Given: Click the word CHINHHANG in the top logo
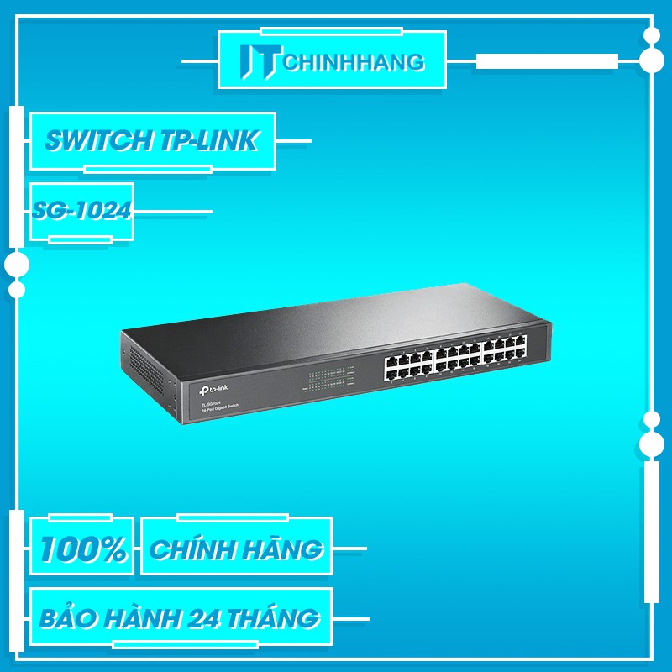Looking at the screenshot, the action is (x=354, y=61).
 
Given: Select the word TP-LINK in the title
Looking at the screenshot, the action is (x=207, y=141).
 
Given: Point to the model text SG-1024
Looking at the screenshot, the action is (x=81, y=210).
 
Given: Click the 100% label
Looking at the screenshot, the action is (x=82, y=549).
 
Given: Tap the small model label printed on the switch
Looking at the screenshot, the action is (x=213, y=407).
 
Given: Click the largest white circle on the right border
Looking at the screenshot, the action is (x=652, y=60).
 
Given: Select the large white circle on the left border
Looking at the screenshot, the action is (x=17, y=265).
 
